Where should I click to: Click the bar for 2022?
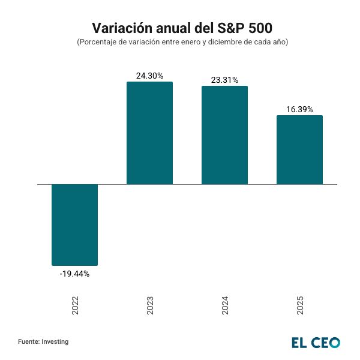(74, 224)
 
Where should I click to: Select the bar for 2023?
(149, 133)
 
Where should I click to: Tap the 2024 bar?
(224, 135)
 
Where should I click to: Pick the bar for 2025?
(299, 149)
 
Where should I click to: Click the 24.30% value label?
(149, 76)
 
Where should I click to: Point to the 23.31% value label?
(224, 80)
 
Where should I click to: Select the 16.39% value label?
(299, 109)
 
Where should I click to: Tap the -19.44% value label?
(74, 274)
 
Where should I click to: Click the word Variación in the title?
(119, 28)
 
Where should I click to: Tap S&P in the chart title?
(226, 28)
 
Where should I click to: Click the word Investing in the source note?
(55, 341)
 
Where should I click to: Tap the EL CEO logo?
(316, 342)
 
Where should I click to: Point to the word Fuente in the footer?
(28, 341)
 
